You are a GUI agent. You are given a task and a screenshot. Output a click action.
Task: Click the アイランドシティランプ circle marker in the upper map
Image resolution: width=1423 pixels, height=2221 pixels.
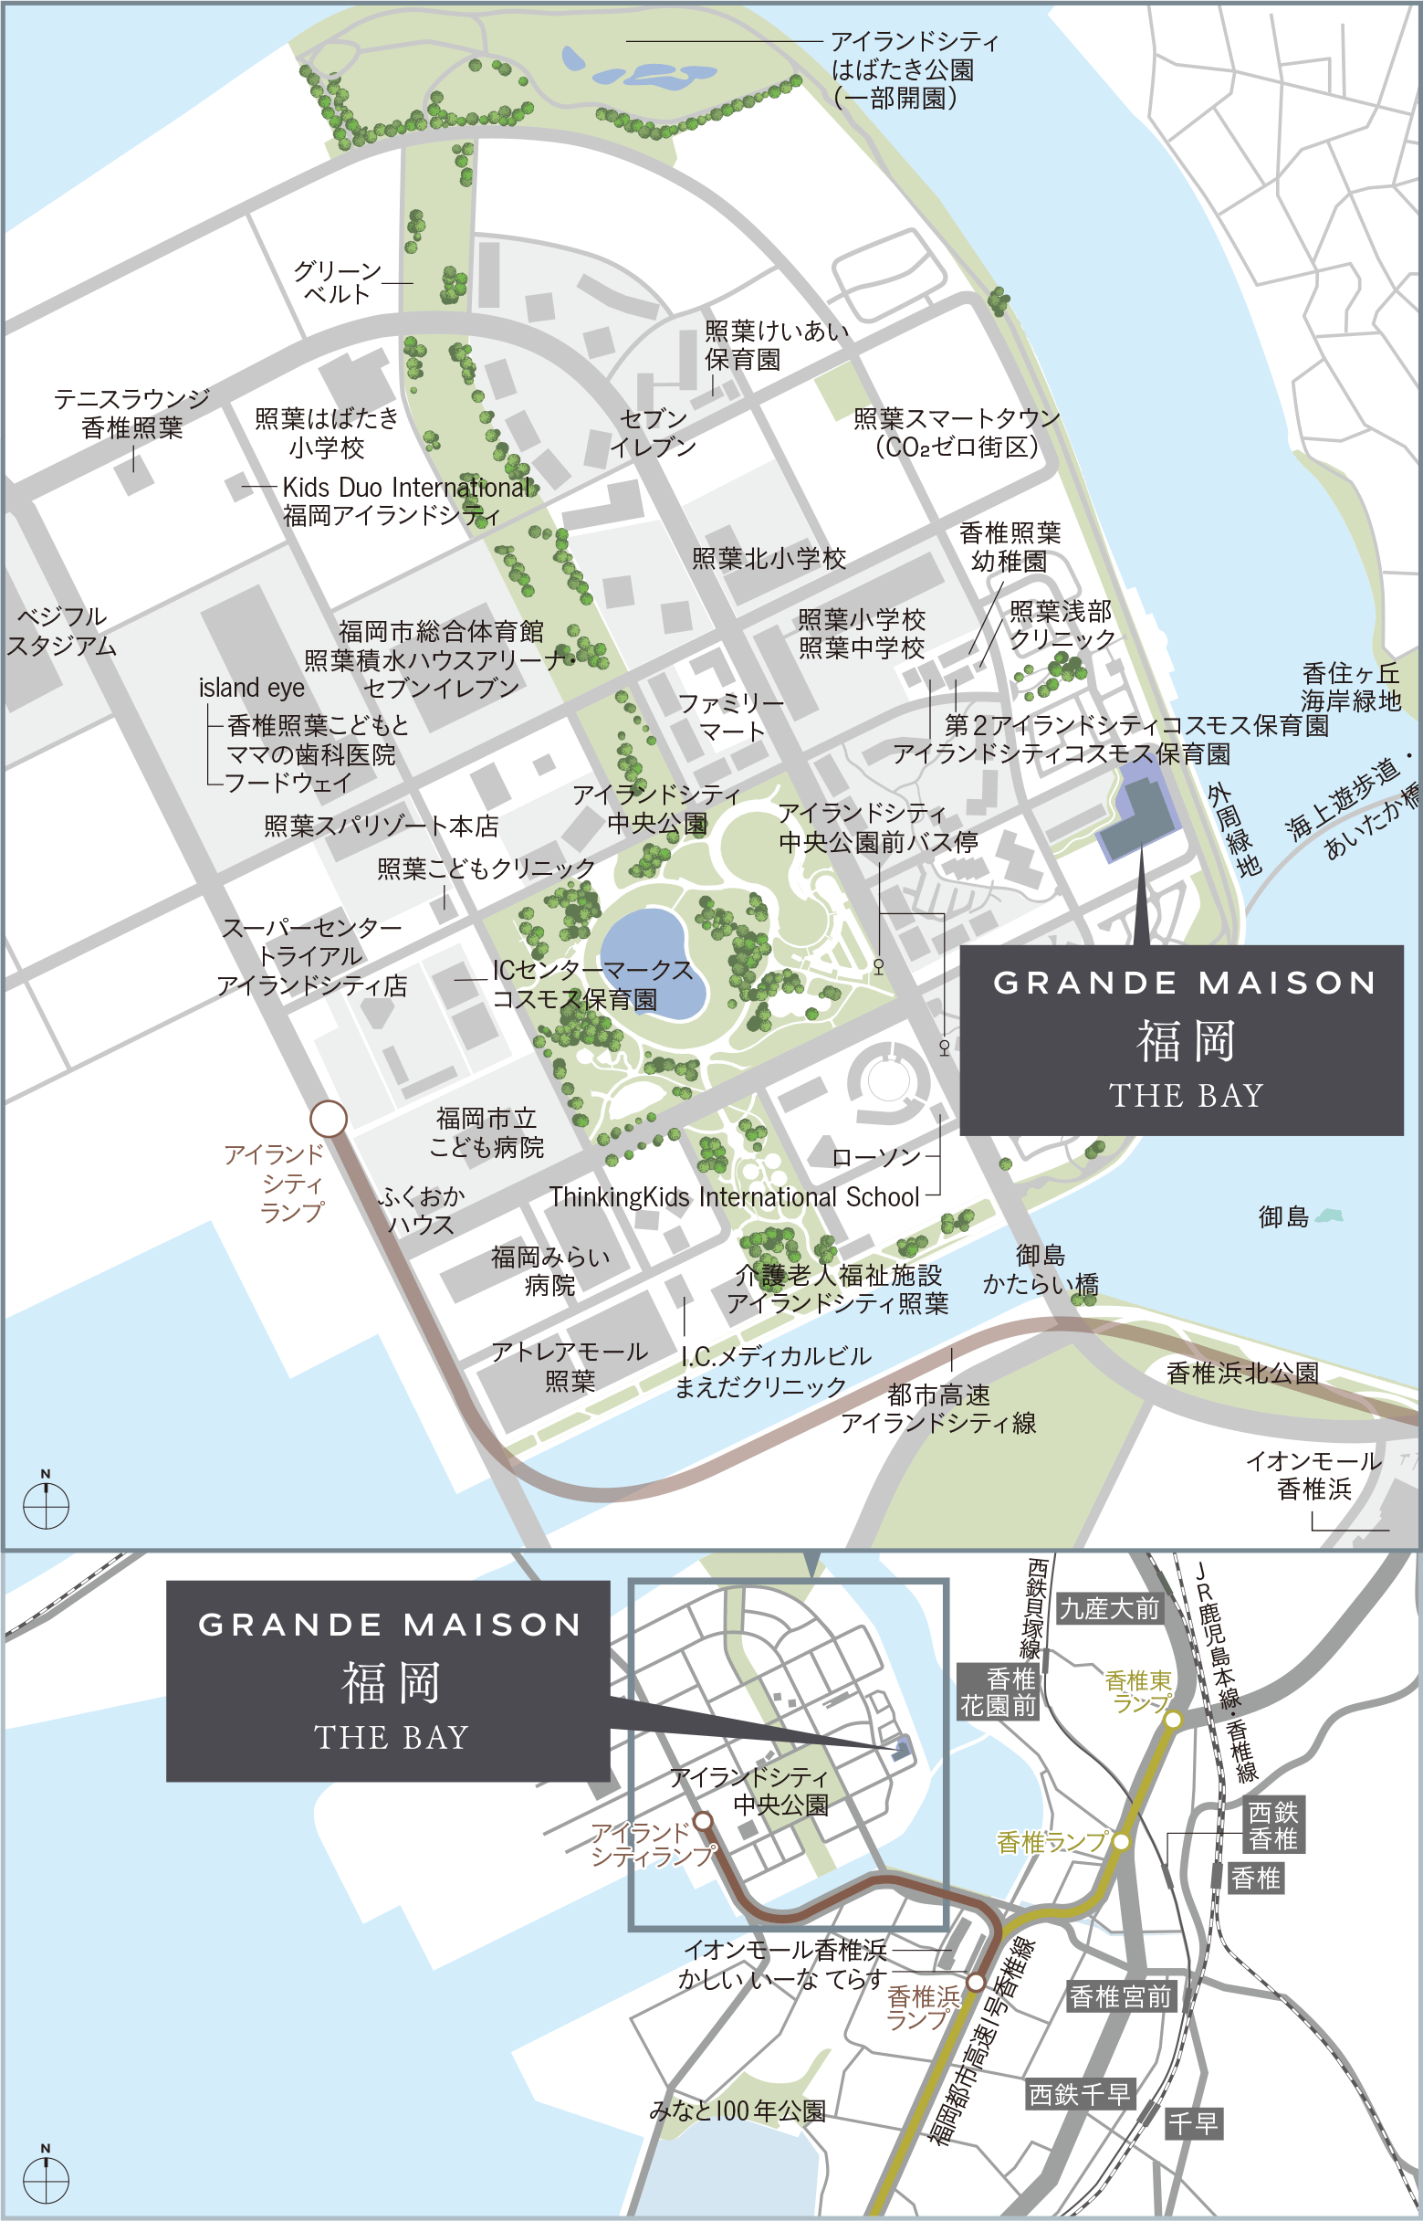(x=328, y=1119)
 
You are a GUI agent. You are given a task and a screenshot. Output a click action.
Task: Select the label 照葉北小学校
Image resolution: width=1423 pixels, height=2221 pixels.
(x=769, y=558)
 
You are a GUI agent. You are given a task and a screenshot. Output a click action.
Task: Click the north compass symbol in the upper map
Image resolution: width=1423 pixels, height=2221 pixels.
(x=46, y=1505)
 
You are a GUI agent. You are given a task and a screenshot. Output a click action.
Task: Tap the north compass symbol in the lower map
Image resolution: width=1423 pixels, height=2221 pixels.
(x=46, y=2179)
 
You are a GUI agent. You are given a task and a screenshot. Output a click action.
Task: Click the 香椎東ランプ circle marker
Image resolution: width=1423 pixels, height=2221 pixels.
(x=1172, y=1719)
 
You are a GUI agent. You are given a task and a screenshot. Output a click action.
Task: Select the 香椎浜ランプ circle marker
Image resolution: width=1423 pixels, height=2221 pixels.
(x=976, y=1982)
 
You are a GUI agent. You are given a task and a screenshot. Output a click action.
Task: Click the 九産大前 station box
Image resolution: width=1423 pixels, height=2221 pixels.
(x=1109, y=1609)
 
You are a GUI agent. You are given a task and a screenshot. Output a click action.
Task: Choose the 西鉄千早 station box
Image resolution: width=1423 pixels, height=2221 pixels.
(x=1079, y=2094)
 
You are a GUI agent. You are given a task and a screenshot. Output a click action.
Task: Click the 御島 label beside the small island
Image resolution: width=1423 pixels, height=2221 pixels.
(x=1284, y=1216)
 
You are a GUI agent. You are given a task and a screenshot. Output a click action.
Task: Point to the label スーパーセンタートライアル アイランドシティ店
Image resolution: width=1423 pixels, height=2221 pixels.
(x=311, y=955)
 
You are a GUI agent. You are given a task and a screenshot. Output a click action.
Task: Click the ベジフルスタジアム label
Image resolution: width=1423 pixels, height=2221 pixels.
(x=61, y=630)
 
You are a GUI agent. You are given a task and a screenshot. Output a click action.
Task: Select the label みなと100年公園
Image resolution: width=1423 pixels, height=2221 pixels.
(x=737, y=2111)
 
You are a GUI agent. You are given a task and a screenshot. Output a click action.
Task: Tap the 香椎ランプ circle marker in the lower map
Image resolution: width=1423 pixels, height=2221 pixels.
(x=1120, y=1841)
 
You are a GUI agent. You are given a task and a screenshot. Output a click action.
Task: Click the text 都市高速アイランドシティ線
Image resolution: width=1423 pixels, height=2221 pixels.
(x=938, y=1408)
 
